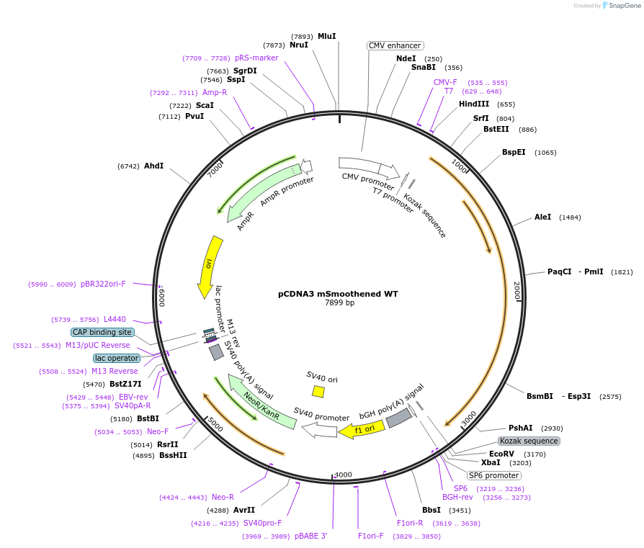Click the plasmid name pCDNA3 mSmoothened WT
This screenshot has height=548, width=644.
click(x=338, y=294)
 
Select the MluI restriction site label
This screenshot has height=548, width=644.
click(x=327, y=36)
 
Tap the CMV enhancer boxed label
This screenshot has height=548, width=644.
click(x=395, y=45)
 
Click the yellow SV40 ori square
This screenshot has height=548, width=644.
click(x=318, y=391)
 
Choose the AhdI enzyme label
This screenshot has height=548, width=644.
click(x=153, y=166)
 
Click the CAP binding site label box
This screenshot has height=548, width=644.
click(x=102, y=332)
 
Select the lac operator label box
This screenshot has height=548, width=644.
click(x=117, y=358)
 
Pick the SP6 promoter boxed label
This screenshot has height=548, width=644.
click(x=493, y=475)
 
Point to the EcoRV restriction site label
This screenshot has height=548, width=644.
click(x=502, y=454)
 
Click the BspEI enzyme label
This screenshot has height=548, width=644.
click(x=514, y=152)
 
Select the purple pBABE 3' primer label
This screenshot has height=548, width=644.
click(x=310, y=536)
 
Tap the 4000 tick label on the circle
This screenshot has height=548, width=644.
click(x=343, y=475)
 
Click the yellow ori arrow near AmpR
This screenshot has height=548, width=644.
click(x=210, y=266)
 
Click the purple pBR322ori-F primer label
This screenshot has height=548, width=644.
click(x=103, y=284)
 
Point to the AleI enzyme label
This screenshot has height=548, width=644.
click(x=542, y=217)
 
